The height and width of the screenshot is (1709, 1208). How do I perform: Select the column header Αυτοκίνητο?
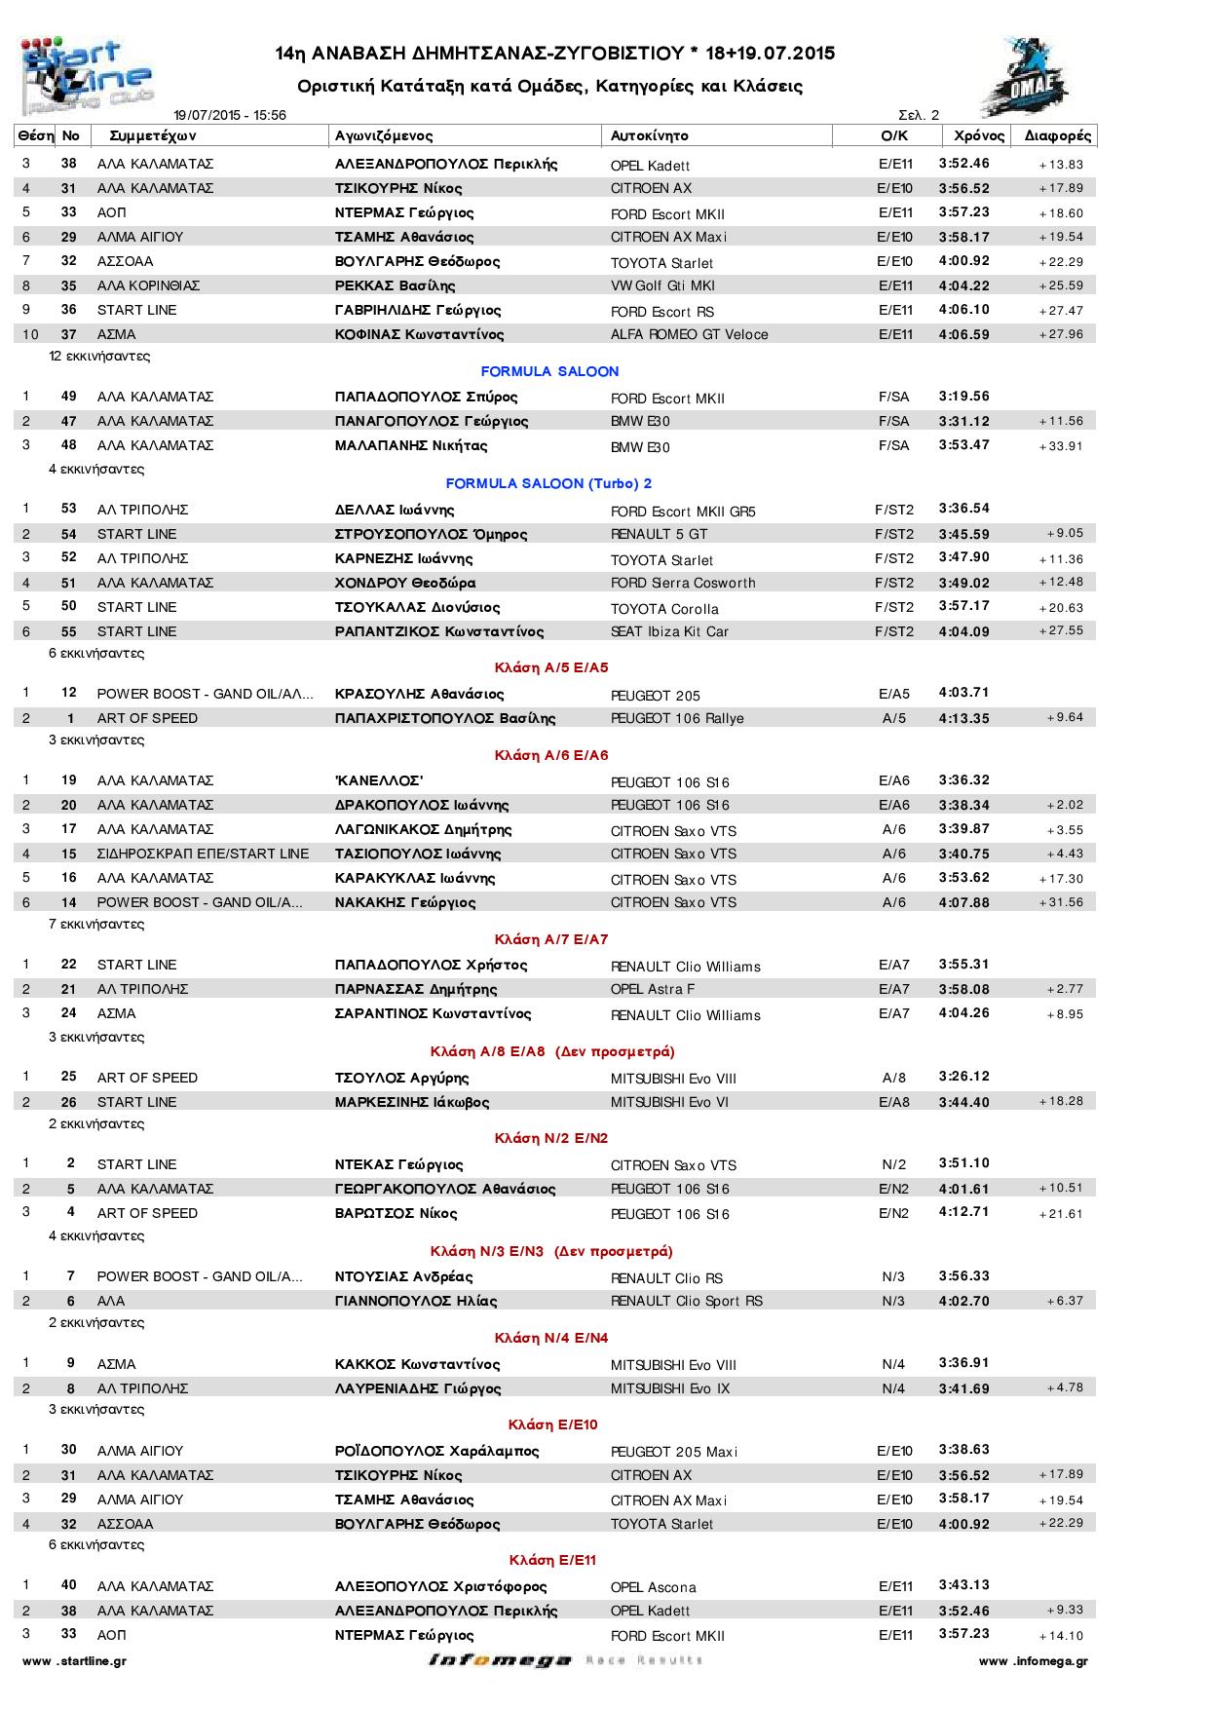650,135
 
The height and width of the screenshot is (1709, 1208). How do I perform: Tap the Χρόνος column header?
978,135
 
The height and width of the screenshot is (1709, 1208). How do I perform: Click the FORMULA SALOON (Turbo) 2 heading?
548,483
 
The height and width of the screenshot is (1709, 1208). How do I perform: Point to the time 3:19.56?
963,397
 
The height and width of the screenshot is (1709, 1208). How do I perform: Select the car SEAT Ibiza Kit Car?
669,631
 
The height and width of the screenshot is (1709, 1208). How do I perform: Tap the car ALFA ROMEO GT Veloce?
689,334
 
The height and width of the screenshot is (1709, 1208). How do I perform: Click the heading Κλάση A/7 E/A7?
550,939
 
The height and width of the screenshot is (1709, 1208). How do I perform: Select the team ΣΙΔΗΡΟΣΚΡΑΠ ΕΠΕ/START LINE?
203,854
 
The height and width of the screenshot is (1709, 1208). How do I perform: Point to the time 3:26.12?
963,1077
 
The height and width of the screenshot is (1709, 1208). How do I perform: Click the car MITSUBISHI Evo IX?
669,1388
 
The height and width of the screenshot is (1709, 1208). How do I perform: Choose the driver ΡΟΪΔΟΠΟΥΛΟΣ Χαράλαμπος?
436,1451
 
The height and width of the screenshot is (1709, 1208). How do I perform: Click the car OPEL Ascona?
653,1587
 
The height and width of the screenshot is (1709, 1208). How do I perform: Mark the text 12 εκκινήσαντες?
99,356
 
